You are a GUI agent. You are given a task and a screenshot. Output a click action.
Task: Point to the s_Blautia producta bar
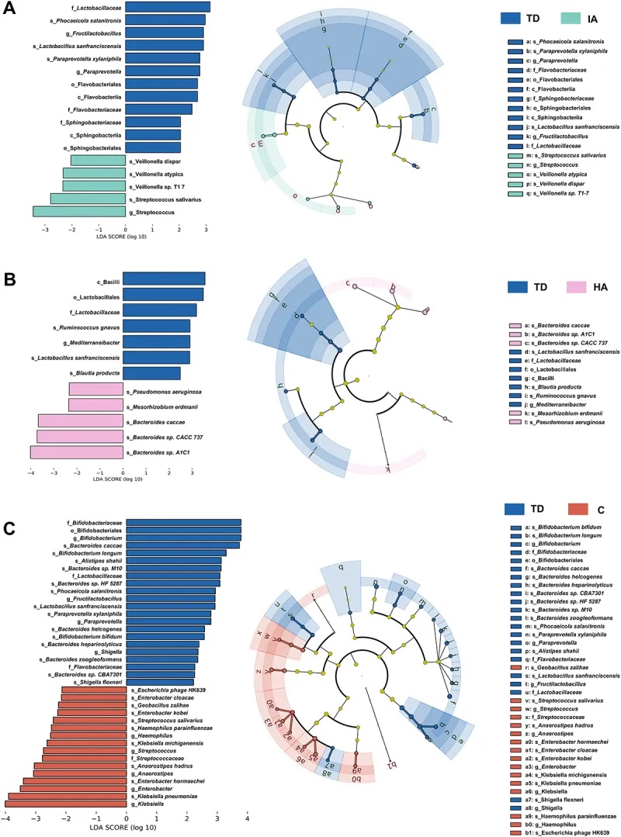152,374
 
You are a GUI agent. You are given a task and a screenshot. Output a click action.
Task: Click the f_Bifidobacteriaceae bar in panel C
184,522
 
